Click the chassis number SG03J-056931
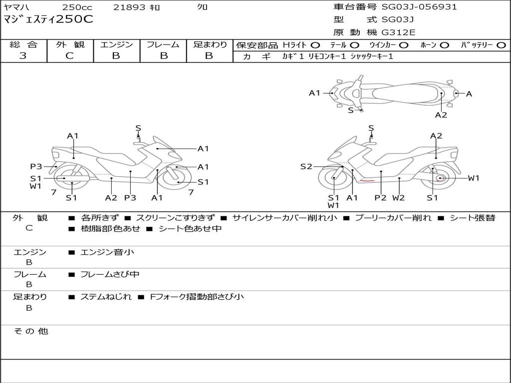coord(419,7)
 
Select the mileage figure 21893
coord(129,7)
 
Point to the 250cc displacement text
coord(77,7)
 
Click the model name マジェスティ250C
coord(48,19)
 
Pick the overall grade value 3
coord(23,56)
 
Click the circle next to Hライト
coord(315,45)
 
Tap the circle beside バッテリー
coord(501,45)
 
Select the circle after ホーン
coord(444,45)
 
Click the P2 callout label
coord(380,197)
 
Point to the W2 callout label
coord(399,197)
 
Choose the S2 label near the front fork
coord(306,167)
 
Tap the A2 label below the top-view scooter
coord(441,115)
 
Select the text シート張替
coord(473,218)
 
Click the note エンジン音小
coord(107,252)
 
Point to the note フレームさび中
coord(110,275)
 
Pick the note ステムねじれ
coord(106,297)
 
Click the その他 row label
coord(31,331)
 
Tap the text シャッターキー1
coord(372,56)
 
